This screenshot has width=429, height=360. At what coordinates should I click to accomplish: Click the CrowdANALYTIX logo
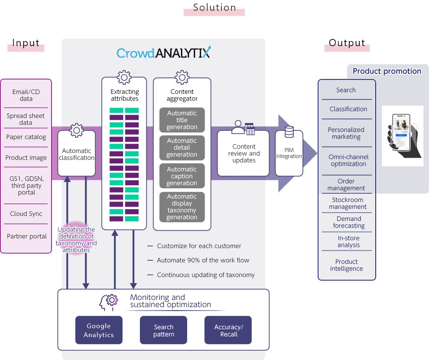[x=164, y=53]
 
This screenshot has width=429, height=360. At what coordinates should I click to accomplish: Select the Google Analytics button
[x=99, y=330]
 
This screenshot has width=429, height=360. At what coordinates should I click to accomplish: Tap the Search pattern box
[x=164, y=330]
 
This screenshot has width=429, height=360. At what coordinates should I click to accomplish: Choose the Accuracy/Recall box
[x=228, y=330]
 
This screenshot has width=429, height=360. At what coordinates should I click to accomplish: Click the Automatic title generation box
[x=182, y=120]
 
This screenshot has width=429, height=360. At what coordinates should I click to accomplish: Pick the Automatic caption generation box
[x=182, y=176]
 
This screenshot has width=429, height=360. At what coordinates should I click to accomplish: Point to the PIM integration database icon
[x=289, y=132]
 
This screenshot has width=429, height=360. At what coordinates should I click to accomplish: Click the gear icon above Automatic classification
[x=76, y=130]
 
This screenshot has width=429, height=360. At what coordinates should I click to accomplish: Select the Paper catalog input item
[x=26, y=137]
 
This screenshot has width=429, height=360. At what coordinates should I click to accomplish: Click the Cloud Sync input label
[x=26, y=214]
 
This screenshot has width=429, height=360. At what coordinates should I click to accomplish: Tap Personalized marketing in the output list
[x=346, y=133]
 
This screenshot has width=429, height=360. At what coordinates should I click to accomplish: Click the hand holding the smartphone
[x=403, y=136]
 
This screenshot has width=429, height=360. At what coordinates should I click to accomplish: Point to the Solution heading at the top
[x=214, y=8]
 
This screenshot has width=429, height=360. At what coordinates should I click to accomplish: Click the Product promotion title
[x=387, y=71]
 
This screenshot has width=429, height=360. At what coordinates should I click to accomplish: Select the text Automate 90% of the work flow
[x=203, y=260]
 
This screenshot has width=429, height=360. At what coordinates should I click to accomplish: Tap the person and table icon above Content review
[x=243, y=128]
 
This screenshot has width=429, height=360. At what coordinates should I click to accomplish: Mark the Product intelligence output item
[x=346, y=265]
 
